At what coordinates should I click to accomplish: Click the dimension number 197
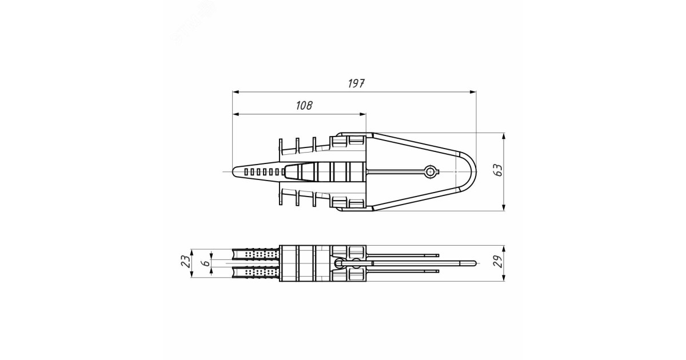[356, 83]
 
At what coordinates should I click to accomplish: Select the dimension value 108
[304, 106]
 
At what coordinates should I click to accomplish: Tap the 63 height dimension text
[498, 170]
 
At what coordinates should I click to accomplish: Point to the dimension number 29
[498, 263]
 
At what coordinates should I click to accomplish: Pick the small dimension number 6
[204, 264]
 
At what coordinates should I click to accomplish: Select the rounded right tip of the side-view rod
[474, 263]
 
